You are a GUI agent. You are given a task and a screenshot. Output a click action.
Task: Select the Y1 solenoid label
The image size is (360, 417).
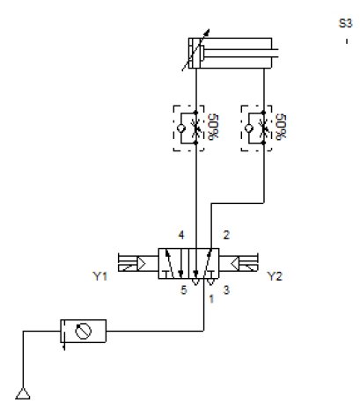pyautogui.click(x=99, y=276)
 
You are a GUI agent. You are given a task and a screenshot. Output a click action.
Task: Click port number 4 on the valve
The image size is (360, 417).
pyautogui.click(x=180, y=236)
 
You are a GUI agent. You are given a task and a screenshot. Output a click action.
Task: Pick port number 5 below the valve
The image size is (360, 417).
pyautogui.click(x=184, y=291)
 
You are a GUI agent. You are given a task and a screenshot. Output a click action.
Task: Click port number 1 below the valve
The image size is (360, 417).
pyautogui.click(x=211, y=297)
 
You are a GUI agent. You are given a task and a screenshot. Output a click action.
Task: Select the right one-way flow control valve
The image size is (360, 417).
pyautogui.click(x=264, y=128)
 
